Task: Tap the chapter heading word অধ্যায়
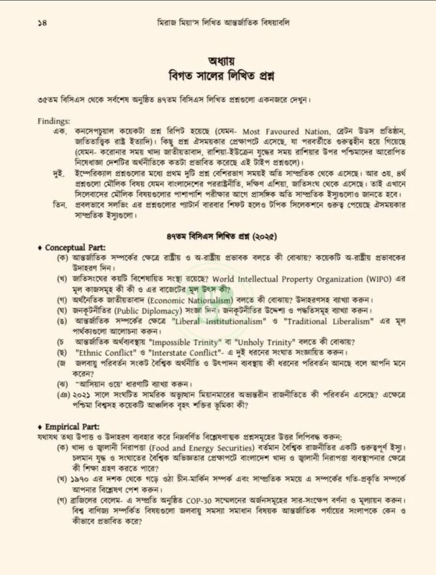217,61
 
